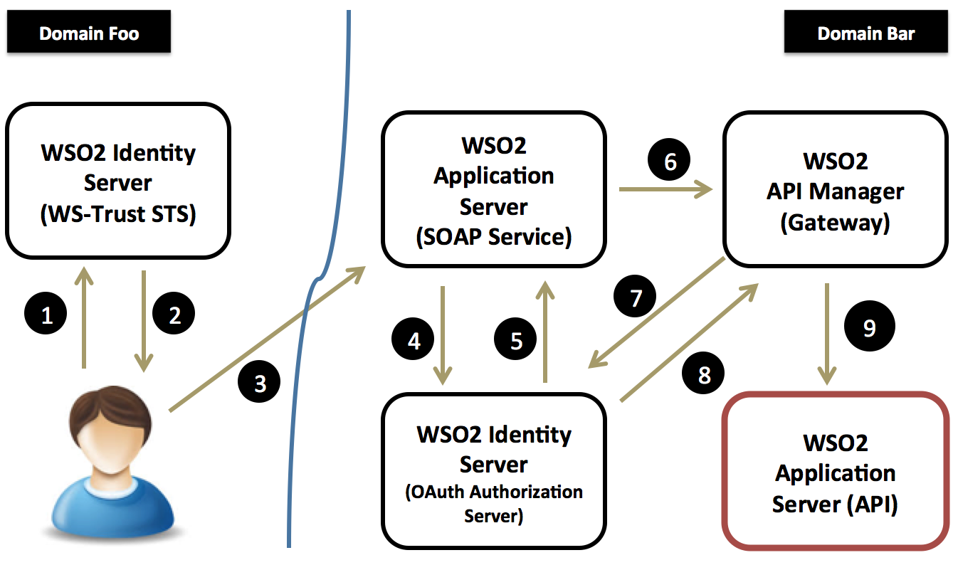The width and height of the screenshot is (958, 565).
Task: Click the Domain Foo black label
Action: [x=89, y=32]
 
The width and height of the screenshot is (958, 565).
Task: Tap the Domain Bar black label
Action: [x=865, y=32]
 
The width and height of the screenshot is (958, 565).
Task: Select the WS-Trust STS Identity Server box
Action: [x=118, y=183]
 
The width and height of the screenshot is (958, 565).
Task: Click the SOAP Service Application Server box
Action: [x=493, y=190]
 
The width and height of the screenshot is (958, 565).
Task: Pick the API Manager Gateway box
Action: [x=836, y=190]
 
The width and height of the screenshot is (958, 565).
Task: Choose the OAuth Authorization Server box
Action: [x=493, y=470]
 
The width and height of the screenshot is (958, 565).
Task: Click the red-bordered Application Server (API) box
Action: [x=836, y=471]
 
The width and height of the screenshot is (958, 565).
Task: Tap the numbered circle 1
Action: [x=48, y=314]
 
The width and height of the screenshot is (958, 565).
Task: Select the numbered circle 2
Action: [x=174, y=314]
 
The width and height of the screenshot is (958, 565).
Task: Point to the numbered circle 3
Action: [x=260, y=384]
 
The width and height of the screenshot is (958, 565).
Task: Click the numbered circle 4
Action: [x=414, y=341]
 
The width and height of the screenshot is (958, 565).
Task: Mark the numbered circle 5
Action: [x=517, y=341]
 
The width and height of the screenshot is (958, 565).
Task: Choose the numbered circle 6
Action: [x=670, y=162]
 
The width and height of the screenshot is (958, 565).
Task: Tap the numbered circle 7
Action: [x=636, y=297]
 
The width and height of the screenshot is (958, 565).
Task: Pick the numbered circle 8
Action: [x=704, y=374]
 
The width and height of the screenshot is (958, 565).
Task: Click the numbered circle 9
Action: [x=868, y=327]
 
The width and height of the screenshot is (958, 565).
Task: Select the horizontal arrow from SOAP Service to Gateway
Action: [x=665, y=189]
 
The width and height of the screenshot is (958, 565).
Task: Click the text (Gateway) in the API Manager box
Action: [x=836, y=223]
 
